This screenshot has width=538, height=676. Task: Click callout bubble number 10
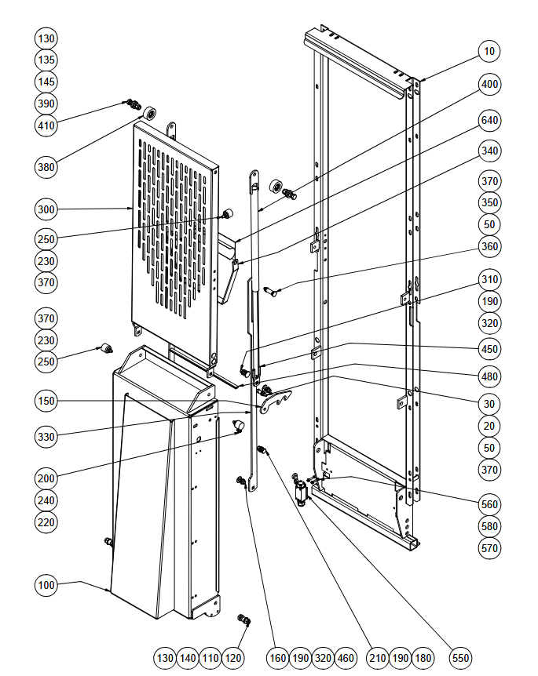[x=489, y=51]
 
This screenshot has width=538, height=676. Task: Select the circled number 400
[x=489, y=84]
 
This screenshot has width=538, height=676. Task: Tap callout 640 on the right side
[x=489, y=120]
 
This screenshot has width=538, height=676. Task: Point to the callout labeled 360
[x=489, y=246]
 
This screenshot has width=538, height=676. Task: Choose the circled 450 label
[x=489, y=349]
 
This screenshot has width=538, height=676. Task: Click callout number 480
[x=489, y=376]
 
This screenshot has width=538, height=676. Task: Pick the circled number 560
[x=489, y=504]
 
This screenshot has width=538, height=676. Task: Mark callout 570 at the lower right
[x=489, y=548]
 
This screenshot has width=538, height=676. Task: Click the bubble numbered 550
[x=460, y=658]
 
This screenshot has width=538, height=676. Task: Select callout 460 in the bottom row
[x=346, y=658]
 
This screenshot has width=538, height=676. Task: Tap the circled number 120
[x=233, y=658]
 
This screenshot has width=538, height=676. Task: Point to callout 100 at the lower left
[x=46, y=585]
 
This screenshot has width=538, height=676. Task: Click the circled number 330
[x=46, y=437]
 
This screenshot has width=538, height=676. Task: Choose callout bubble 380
[x=46, y=167]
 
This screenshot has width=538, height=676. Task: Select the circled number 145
[x=46, y=82]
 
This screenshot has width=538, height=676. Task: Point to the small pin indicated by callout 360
[x=272, y=289]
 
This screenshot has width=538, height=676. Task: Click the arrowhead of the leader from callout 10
[x=420, y=81]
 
